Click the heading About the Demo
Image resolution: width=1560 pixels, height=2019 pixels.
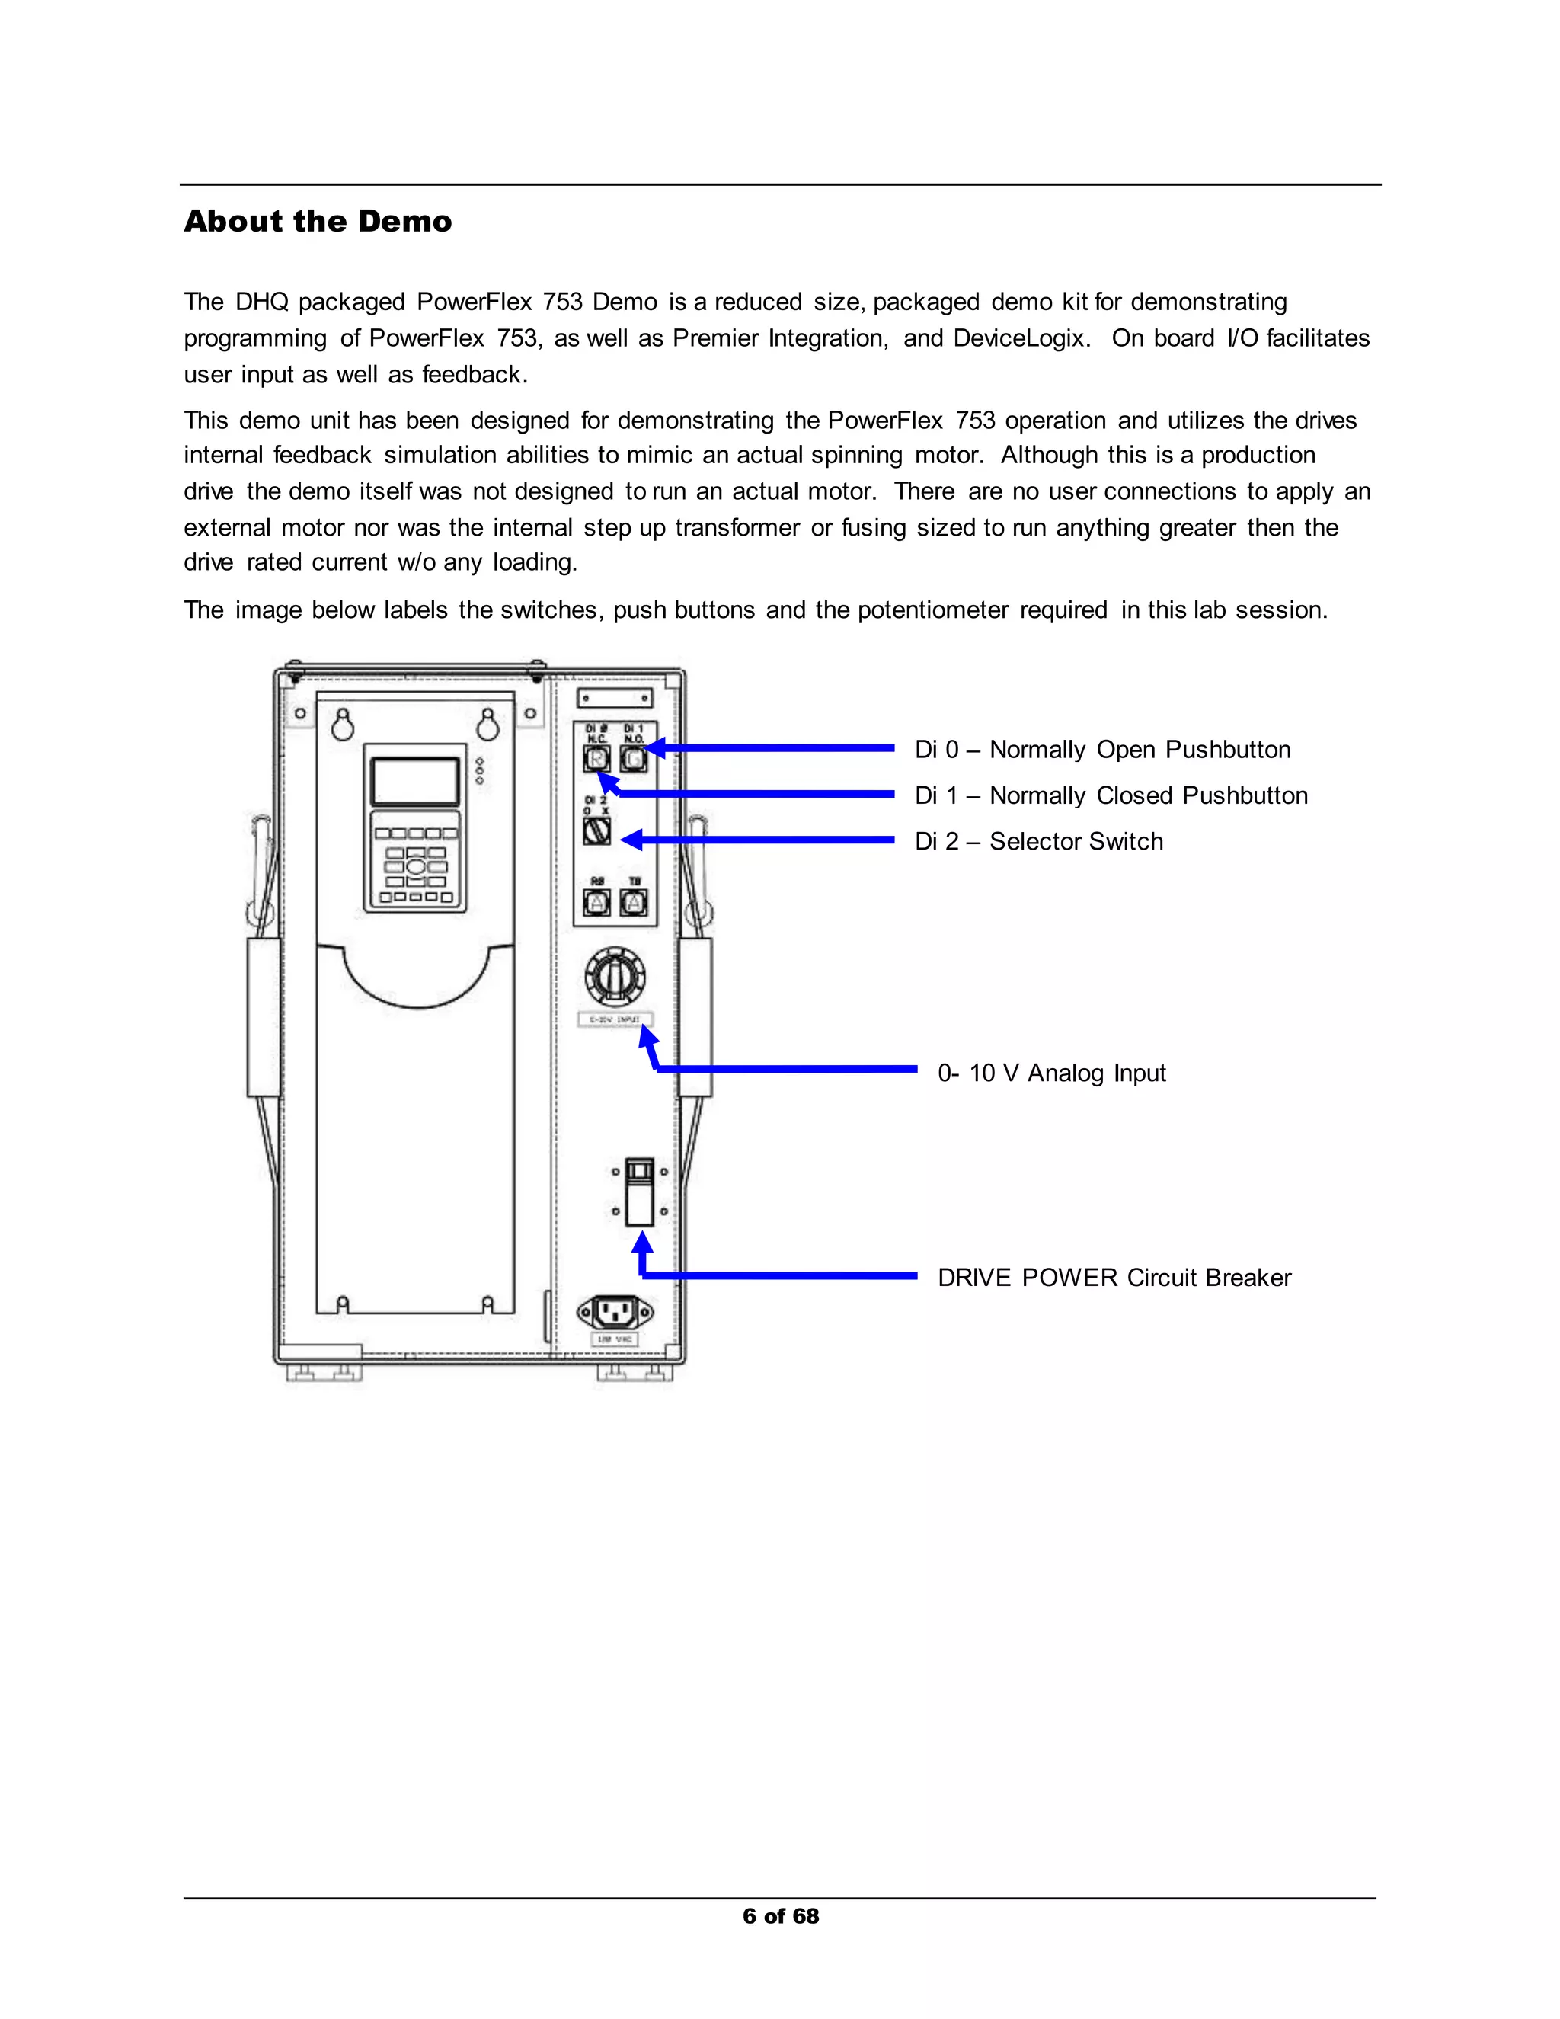(x=318, y=222)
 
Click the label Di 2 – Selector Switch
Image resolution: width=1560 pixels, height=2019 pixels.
(x=1038, y=841)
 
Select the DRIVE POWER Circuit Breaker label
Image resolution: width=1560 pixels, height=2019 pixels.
(x=1114, y=1278)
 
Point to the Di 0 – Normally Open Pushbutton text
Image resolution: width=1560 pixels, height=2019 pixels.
(x=1101, y=750)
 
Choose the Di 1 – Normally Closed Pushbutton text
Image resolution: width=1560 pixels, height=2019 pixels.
(x=1110, y=796)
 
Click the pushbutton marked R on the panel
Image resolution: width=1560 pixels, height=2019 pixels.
(x=597, y=759)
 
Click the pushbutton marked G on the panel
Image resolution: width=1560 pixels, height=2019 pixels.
(x=633, y=759)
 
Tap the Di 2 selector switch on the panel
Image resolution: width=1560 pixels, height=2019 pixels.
(x=597, y=831)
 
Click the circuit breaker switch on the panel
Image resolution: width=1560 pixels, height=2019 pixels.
(x=640, y=1192)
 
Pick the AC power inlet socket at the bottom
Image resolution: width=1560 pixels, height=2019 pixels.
(x=615, y=1311)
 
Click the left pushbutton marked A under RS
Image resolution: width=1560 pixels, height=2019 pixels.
(x=597, y=902)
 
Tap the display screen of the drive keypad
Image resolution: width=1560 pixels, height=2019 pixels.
(x=415, y=781)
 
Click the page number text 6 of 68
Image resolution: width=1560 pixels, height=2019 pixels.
(x=780, y=1916)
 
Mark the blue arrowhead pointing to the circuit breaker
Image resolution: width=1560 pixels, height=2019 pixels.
(x=642, y=1243)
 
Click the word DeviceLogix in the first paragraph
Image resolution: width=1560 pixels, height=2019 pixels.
(x=1019, y=338)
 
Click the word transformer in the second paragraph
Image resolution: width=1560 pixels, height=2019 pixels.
(x=737, y=528)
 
